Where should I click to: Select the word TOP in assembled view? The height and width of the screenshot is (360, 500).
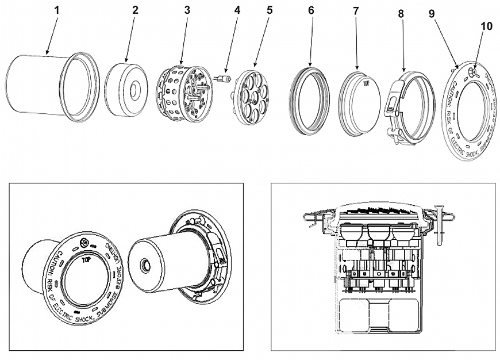click(x=87, y=260)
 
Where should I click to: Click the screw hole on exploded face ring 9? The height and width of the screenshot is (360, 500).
click(x=471, y=72)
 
